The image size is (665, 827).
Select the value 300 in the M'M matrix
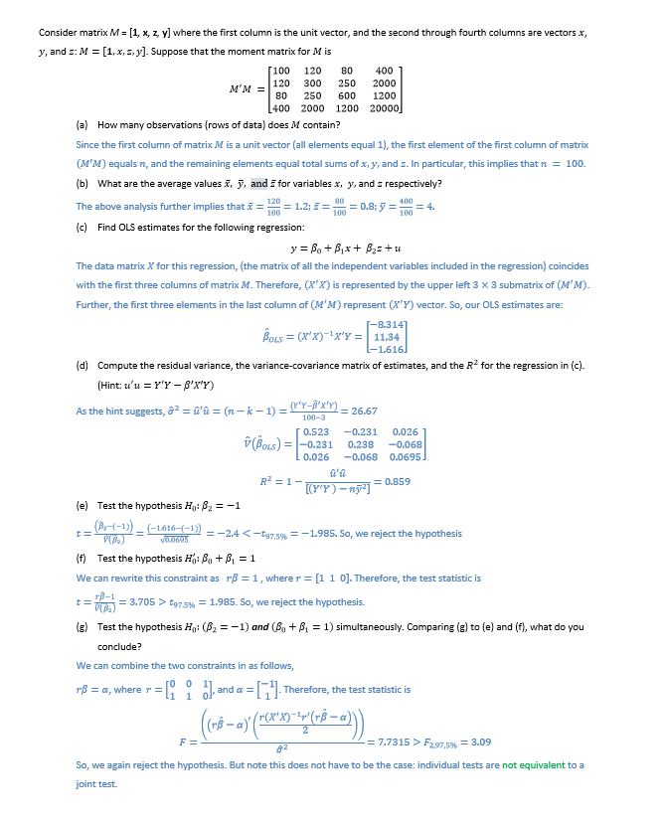tap(312, 83)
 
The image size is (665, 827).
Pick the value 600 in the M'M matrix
tap(347, 95)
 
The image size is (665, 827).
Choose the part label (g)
tap(83, 628)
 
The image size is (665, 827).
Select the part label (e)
tap(83, 503)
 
